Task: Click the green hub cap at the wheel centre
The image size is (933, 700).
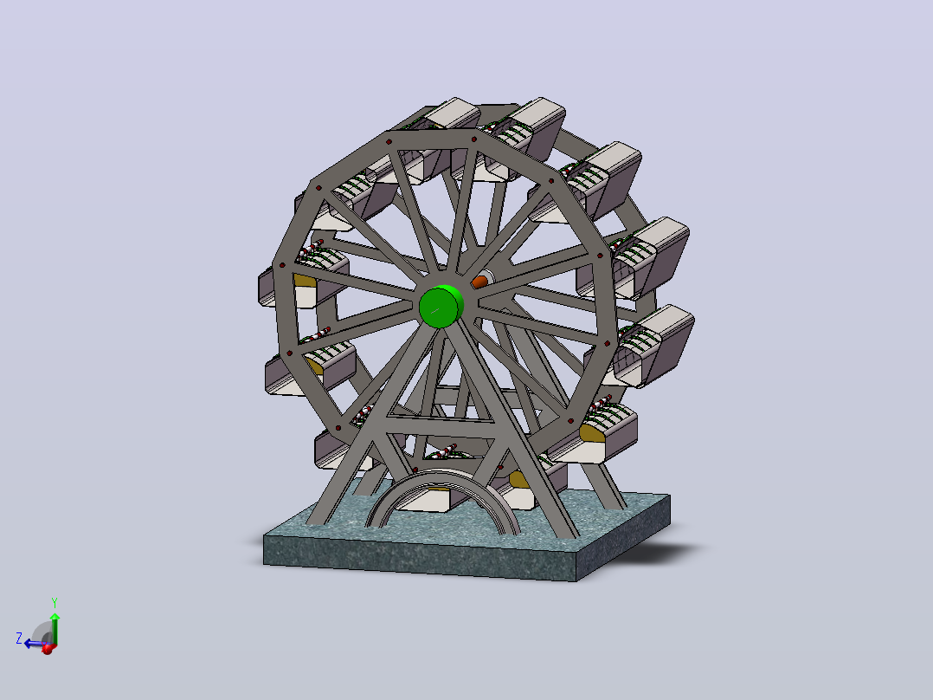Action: pos(441,306)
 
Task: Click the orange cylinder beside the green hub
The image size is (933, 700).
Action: pos(479,282)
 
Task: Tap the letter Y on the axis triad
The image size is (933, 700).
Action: pos(55,602)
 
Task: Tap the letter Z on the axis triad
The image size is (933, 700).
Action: pos(19,638)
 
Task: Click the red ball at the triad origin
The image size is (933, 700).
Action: pos(48,649)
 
